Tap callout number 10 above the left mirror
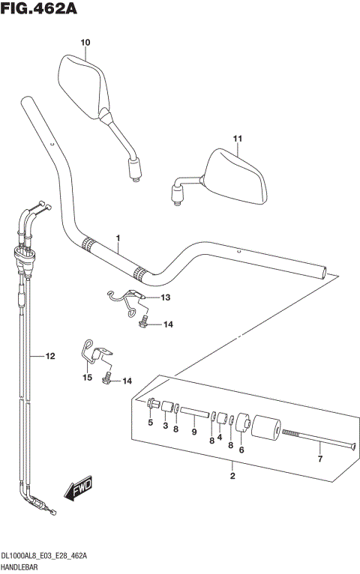click(84, 43)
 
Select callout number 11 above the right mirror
click(238, 139)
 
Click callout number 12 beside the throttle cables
click(50, 357)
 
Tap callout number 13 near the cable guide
click(165, 297)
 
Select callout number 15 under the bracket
click(87, 378)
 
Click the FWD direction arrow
click(77, 491)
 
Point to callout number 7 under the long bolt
click(319, 459)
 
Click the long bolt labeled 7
click(315, 438)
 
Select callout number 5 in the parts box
click(150, 424)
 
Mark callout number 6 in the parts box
click(241, 450)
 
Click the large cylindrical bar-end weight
click(265, 430)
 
